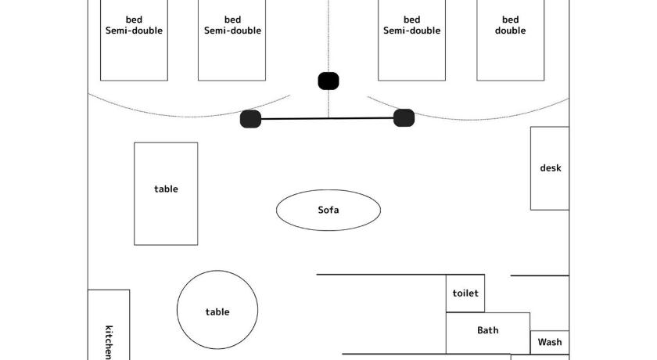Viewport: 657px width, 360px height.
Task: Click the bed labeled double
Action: [510, 40]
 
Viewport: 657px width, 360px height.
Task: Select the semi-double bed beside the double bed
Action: [411, 40]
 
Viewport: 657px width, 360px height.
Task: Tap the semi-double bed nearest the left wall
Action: [134, 40]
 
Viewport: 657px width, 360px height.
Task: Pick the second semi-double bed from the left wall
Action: [232, 40]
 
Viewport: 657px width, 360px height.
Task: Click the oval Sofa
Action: [328, 210]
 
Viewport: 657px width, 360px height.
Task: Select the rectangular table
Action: [166, 193]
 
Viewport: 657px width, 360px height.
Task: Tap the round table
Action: [217, 310]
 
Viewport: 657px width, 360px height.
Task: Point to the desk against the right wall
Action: [550, 168]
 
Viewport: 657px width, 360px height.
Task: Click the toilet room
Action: [465, 293]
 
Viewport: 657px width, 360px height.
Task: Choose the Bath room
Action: [488, 333]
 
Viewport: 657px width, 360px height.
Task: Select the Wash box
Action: [550, 343]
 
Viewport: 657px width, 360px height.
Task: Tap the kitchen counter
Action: [109, 325]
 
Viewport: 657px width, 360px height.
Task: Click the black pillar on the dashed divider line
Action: [328, 81]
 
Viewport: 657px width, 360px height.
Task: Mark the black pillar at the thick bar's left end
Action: [250, 119]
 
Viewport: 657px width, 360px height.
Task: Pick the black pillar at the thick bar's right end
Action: [404, 117]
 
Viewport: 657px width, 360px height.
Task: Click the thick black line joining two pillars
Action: [327, 119]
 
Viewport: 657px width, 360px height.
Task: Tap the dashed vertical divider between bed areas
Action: [328, 59]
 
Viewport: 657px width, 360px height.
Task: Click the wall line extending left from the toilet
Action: [381, 275]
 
